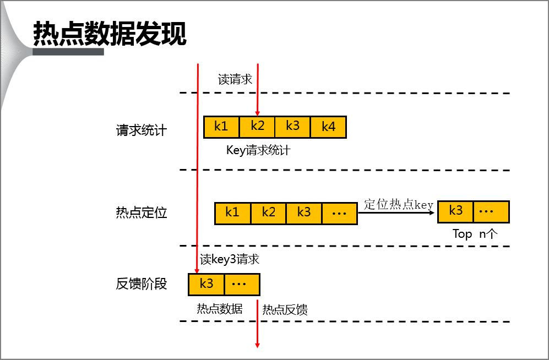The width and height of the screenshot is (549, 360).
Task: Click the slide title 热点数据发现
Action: [110, 34]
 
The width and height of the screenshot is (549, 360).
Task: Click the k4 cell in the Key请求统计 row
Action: [328, 127]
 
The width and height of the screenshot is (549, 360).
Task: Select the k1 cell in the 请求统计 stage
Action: [221, 127]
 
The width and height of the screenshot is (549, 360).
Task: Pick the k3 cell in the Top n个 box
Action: [455, 211]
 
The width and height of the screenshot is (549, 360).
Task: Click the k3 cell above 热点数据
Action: [206, 284]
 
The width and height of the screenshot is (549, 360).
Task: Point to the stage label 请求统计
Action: [141, 131]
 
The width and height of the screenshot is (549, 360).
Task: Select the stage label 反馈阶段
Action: [141, 285]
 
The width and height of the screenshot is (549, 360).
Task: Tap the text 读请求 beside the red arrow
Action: [235, 79]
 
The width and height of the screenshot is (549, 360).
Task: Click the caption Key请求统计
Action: [258, 150]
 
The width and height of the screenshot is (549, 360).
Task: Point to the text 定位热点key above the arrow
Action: [399, 204]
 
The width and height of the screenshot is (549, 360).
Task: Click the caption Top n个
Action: [475, 233]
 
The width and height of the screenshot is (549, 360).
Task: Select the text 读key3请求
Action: [229, 259]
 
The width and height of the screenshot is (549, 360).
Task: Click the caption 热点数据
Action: [219, 309]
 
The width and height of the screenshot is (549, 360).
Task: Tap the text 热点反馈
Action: [285, 309]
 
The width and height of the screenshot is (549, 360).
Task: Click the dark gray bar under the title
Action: [68, 52]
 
